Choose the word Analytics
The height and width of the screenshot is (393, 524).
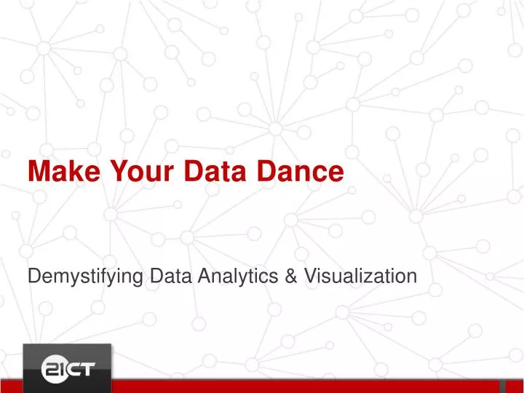coord(236,276)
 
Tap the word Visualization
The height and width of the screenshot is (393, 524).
coord(358,276)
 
